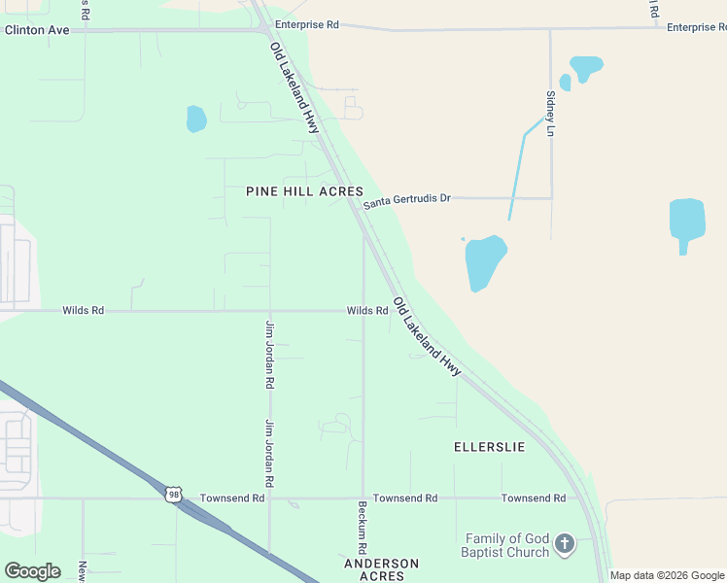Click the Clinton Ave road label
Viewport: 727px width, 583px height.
(38, 30)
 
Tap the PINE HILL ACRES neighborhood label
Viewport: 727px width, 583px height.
(304, 192)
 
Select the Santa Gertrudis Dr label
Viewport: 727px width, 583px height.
(407, 200)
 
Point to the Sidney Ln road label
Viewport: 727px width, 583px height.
(550, 114)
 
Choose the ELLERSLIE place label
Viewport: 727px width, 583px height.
(489, 447)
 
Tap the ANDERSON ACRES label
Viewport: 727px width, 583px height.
(381, 569)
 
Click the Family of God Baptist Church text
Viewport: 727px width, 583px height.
(507, 545)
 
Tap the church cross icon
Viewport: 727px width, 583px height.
(565, 545)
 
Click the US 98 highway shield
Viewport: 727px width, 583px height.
(173, 495)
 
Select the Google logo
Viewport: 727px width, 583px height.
(32, 570)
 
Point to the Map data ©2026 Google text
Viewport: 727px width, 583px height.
(667, 575)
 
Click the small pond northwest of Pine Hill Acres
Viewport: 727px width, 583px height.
(196, 119)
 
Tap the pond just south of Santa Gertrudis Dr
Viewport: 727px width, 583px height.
(485, 262)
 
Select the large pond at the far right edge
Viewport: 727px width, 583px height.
(686, 223)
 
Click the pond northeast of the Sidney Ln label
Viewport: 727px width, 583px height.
(586, 67)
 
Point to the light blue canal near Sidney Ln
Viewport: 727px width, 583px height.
(517, 173)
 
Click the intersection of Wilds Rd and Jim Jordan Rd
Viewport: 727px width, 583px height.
(269, 311)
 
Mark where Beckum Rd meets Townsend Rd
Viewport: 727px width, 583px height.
(363, 498)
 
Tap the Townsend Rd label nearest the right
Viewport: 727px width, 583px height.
(533, 498)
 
